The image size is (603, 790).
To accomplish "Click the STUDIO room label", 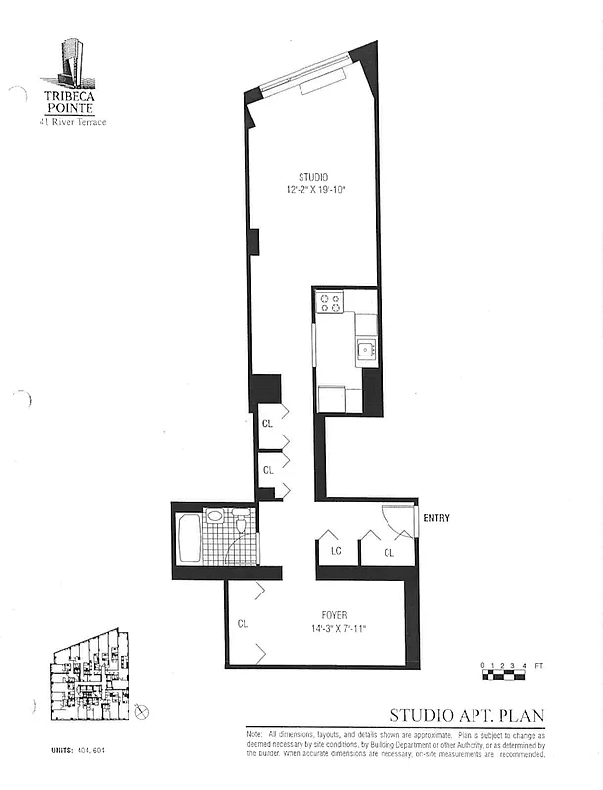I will (x=313, y=177).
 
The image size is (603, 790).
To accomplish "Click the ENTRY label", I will (x=436, y=518).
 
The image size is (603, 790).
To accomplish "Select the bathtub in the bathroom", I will (x=187, y=537).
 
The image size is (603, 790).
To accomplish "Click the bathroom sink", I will (x=215, y=514).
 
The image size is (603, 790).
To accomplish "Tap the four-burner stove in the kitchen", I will (x=330, y=302).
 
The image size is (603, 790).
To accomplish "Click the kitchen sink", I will (x=365, y=348).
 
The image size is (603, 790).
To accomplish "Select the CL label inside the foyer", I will (x=243, y=624).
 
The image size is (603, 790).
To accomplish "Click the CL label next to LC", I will (x=388, y=553).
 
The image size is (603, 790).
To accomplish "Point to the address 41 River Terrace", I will (x=72, y=122).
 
